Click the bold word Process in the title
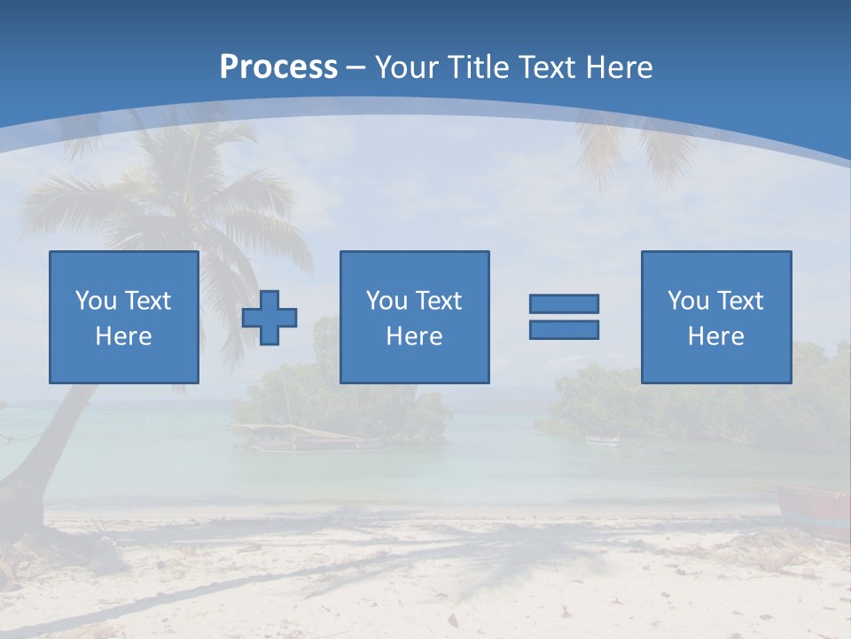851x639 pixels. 278,67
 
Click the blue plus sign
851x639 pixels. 269,318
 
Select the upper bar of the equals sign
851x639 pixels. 564,304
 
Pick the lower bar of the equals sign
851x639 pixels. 564,329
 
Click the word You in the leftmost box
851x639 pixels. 95,301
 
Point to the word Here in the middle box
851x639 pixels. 414,336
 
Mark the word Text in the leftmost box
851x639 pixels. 147,301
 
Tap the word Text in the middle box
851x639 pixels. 439,301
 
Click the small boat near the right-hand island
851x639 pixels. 603,440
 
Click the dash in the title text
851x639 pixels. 355,67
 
